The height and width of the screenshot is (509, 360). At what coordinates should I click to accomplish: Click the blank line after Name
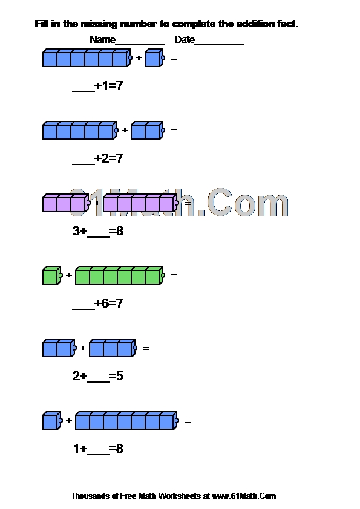(x=140, y=44)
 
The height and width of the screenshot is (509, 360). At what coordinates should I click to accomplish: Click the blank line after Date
(x=219, y=44)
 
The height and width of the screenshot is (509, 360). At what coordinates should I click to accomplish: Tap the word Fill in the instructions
(x=42, y=24)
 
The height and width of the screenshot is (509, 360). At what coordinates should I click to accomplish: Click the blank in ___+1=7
(x=83, y=92)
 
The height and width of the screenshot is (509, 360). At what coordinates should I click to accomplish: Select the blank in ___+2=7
(x=83, y=164)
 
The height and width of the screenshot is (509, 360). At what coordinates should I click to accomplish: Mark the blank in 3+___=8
(x=98, y=237)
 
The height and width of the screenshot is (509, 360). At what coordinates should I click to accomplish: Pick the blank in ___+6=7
(x=83, y=310)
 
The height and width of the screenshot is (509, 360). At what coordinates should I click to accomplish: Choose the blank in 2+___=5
(x=98, y=382)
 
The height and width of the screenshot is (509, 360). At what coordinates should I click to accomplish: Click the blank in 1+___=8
(x=98, y=455)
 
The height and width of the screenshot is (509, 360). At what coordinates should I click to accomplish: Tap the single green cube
(x=52, y=276)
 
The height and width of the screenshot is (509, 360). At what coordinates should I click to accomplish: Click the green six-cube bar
(x=120, y=276)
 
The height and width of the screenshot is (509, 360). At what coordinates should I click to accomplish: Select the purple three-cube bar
(x=67, y=203)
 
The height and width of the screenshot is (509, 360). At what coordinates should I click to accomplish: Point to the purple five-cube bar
(x=141, y=203)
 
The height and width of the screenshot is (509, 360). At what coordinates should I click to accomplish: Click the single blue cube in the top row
(x=155, y=58)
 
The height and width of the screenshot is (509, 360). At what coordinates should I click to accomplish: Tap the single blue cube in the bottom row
(x=52, y=421)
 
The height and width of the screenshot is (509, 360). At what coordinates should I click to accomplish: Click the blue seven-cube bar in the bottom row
(x=127, y=421)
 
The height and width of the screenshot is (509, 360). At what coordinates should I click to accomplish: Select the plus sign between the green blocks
(x=69, y=275)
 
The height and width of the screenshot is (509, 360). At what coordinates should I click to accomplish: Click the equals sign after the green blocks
(x=174, y=276)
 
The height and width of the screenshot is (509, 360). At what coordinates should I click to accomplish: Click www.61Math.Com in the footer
(x=244, y=496)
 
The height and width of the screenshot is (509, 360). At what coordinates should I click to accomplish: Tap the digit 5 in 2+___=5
(x=120, y=376)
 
